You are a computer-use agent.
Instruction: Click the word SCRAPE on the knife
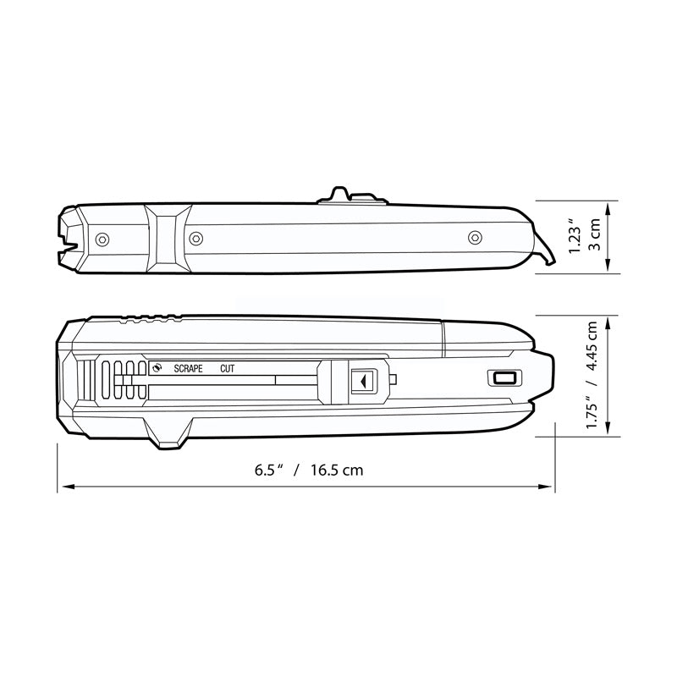coord(188,369)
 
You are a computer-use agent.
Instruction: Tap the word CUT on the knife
coord(227,369)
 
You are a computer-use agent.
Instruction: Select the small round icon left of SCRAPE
coord(157,368)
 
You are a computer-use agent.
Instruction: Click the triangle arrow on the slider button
coord(361,382)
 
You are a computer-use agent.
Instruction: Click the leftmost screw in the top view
coord(102,239)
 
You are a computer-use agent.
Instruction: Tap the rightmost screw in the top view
coord(475,237)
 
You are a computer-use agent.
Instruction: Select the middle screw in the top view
coord(195,238)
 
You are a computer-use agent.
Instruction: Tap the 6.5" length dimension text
coord(267,470)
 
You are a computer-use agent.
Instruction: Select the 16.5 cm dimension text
coord(336,470)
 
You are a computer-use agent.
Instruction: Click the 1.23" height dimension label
coord(575,237)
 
